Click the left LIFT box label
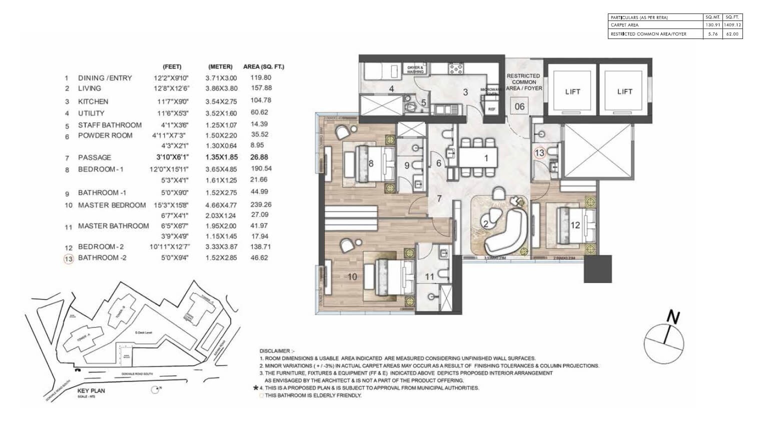pos(572,91)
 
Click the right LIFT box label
pos(624,91)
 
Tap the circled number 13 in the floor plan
pos(539,153)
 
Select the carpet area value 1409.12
pos(733,24)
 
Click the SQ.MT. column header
pos(712,17)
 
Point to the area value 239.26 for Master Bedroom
pos(261,204)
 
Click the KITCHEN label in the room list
pos(93,101)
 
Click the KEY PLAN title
pos(91,390)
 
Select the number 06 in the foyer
pos(520,106)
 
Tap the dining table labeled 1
pos(479,158)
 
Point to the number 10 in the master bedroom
pos(352,276)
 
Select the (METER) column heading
pos(220,66)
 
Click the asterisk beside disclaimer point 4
pos(256,387)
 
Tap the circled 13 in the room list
pos(68,258)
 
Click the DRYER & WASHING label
pos(415,69)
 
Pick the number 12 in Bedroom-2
pos(575,225)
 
